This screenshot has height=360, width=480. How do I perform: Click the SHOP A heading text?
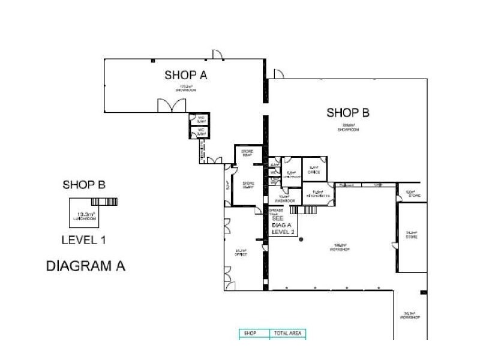tap(186, 75)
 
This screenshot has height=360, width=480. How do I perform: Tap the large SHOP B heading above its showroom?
tap(347, 112)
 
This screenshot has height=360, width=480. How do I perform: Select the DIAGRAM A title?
tap(85, 266)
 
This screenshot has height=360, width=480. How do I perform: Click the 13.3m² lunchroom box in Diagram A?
tap(84, 213)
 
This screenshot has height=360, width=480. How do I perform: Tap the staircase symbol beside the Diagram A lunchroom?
tap(113, 201)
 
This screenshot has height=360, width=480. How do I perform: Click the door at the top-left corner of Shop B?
tap(279, 74)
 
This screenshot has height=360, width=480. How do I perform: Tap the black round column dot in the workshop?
tap(301, 239)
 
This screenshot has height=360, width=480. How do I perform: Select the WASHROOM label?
tap(284, 200)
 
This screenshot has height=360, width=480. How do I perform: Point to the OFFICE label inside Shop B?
tap(314, 172)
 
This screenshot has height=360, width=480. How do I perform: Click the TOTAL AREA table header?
tap(287, 333)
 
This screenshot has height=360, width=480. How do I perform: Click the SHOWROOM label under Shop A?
tap(186, 89)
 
